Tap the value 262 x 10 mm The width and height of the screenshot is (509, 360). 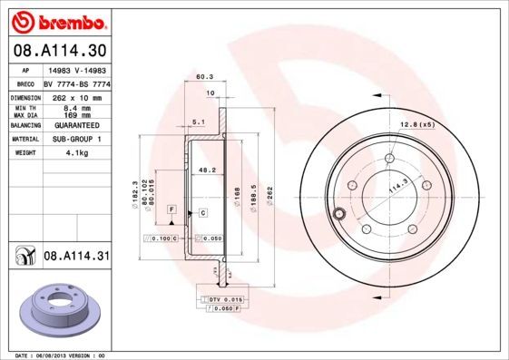point(75,95)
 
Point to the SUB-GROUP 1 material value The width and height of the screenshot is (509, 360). point(75,139)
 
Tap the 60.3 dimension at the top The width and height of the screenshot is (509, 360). point(205,78)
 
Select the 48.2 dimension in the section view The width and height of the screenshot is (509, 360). point(206,170)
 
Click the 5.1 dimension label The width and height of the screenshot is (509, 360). point(199,121)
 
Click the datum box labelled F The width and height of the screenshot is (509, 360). point(171,209)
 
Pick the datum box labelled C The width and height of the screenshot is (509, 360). point(203,212)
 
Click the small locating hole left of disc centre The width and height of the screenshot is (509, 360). point(340,214)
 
